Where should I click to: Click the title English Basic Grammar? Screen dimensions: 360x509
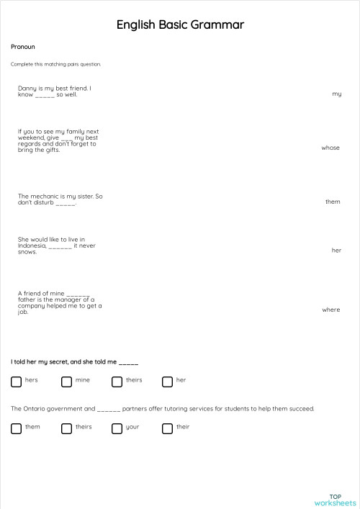click(x=180, y=25)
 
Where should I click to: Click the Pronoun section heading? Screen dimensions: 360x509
click(x=23, y=47)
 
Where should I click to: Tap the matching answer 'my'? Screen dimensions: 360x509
click(x=336, y=94)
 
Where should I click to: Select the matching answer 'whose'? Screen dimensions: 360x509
click(x=330, y=148)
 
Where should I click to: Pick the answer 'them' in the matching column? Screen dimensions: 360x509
click(x=333, y=202)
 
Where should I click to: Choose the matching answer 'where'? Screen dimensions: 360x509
click(x=331, y=310)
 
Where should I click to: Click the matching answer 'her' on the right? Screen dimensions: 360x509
click(x=336, y=251)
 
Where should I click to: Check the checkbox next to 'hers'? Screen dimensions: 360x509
click(x=16, y=382)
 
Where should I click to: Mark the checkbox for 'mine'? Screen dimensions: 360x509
click(x=66, y=382)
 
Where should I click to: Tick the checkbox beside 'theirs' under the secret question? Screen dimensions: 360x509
click(x=117, y=382)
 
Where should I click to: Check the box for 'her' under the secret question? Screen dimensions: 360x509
click(x=167, y=382)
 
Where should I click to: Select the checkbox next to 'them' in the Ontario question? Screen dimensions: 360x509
click(x=16, y=428)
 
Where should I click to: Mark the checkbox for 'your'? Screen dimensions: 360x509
click(x=117, y=428)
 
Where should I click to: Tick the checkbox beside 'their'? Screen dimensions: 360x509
click(x=167, y=428)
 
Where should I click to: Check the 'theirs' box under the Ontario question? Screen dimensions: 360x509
click(x=66, y=428)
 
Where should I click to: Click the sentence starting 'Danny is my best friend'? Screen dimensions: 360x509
click(x=54, y=91)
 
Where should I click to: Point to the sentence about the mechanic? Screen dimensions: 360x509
click(x=60, y=199)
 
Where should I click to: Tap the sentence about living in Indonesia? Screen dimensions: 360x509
click(x=56, y=246)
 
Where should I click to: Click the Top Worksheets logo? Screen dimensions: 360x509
click(x=336, y=500)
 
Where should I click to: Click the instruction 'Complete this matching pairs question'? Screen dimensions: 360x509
click(x=56, y=64)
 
